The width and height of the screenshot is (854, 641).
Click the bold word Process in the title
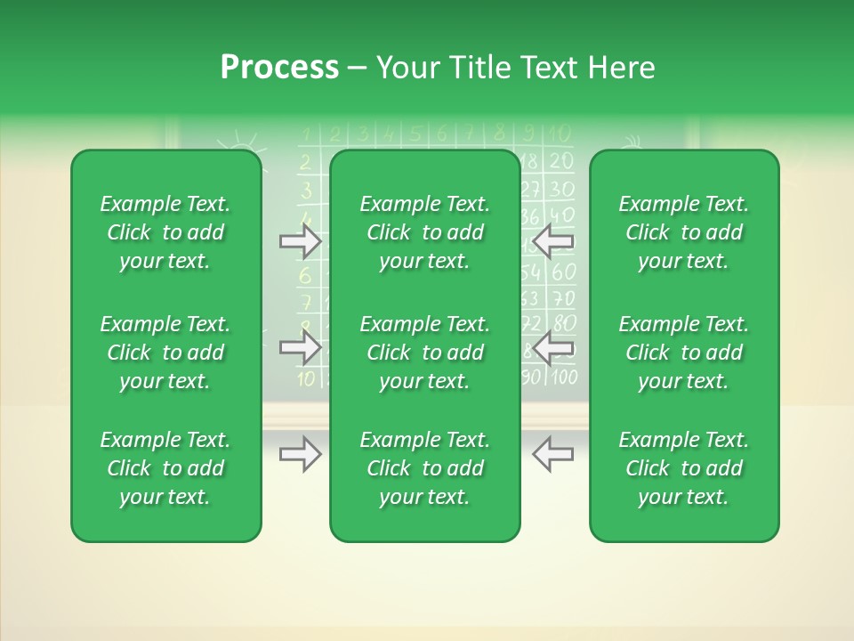coord(279,68)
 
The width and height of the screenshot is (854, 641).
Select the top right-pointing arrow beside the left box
coord(300,241)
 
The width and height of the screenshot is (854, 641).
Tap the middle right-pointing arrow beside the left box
coord(300,347)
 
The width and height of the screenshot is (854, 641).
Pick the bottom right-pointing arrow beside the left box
coord(300,454)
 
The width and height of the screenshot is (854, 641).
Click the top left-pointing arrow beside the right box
coord(552,241)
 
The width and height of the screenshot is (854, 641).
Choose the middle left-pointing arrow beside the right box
coord(552,347)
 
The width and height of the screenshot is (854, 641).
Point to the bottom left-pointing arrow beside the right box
coord(552,454)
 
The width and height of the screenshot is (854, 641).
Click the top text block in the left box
coord(165,232)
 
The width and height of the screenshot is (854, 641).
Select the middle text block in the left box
coord(165,353)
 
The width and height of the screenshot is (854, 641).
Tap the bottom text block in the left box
coord(165,468)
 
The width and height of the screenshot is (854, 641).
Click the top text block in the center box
coord(424,232)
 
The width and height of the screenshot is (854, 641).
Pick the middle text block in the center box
coord(424,353)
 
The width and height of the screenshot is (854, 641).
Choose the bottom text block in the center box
coord(424,468)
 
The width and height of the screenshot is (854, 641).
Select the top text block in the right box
coord(684,232)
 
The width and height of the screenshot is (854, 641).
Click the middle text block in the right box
coord(684,353)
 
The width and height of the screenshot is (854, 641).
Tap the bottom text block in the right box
coord(684,468)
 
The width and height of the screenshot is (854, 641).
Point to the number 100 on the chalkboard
coord(563,377)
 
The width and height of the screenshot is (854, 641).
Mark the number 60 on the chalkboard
coord(563,271)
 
